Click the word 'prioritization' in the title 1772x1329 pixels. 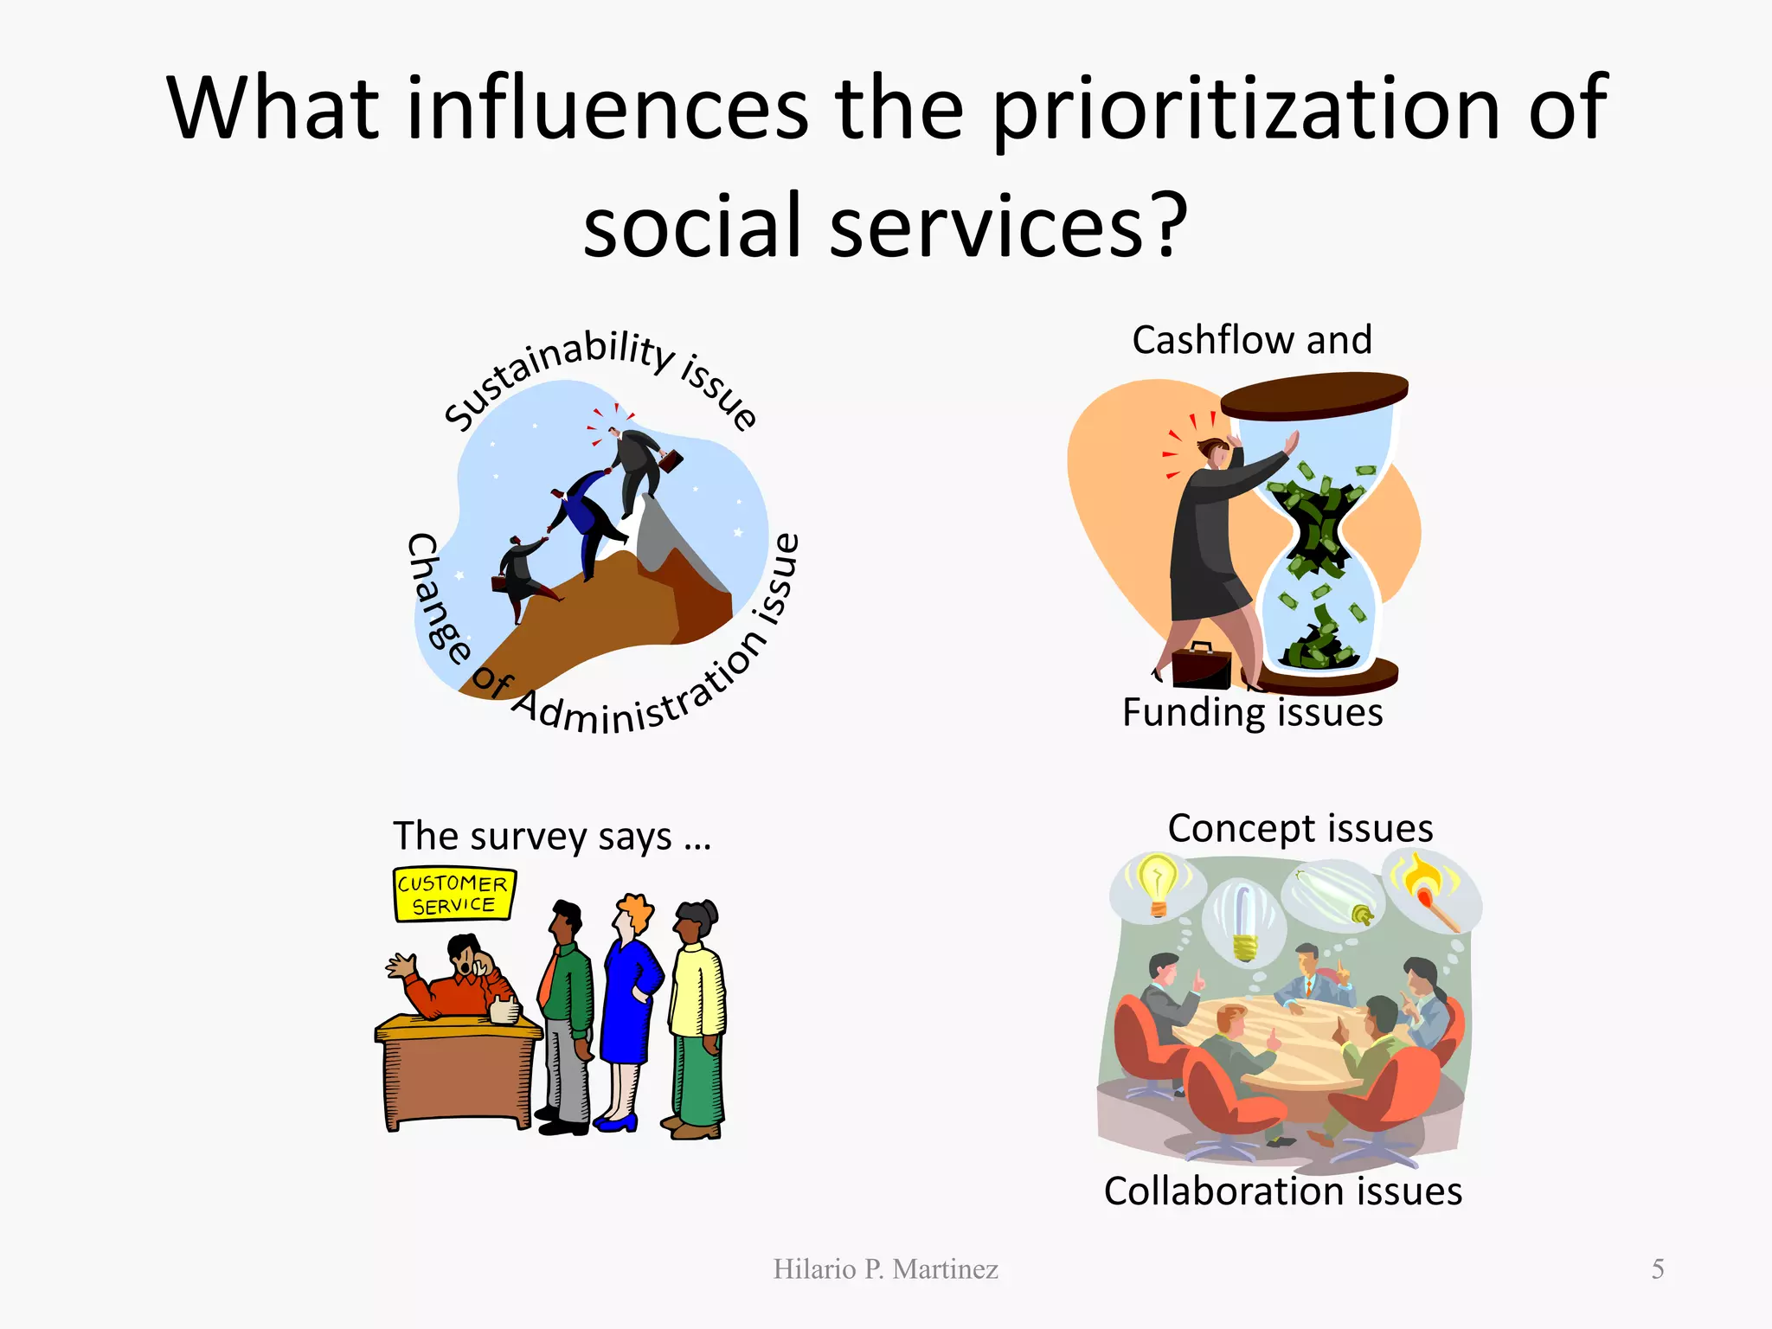point(1245,110)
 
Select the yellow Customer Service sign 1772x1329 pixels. point(454,895)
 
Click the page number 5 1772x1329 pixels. point(1657,1268)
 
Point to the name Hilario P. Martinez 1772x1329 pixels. point(885,1268)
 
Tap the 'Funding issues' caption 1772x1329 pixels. point(1252,713)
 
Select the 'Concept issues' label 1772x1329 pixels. point(1300,828)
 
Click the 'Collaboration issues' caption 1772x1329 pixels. point(1282,1191)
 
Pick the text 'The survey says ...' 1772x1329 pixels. point(552,836)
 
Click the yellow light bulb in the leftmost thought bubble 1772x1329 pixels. point(1156,883)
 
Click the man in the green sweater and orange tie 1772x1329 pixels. point(568,1012)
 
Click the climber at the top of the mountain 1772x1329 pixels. point(638,467)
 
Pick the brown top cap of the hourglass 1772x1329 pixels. point(1313,394)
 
